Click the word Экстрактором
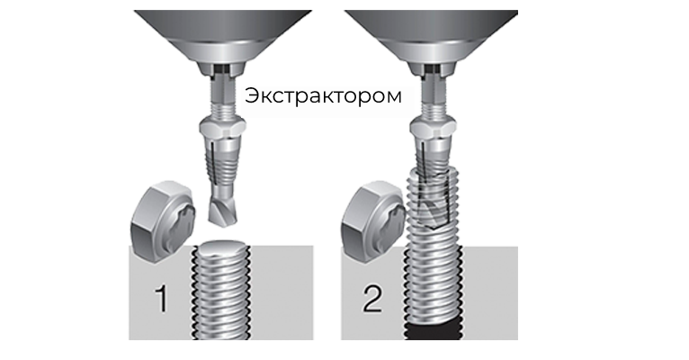point(324,96)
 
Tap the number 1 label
point(162,298)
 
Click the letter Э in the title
point(252,96)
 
